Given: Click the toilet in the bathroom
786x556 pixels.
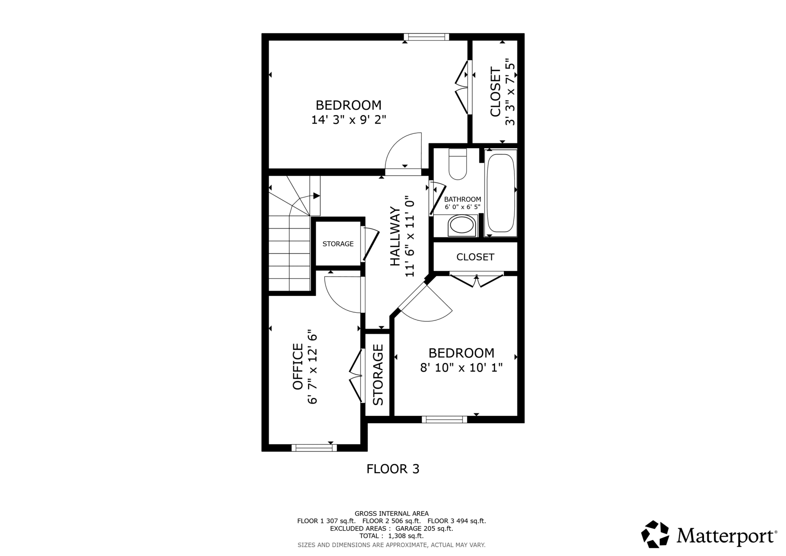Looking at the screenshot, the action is pyautogui.click(x=458, y=164).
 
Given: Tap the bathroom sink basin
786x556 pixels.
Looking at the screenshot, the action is pyautogui.click(x=463, y=226).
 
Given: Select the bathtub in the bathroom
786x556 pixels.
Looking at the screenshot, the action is pyautogui.click(x=500, y=193).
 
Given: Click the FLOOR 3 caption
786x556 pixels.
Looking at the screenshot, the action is pyautogui.click(x=393, y=469).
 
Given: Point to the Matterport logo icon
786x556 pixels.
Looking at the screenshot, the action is pyautogui.click(x=655, y=534).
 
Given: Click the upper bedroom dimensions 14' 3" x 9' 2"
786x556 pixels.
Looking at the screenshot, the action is pyautogui.click(x=349, y=120).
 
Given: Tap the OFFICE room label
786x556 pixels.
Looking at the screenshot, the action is pyautogui.click(x=298, y=366).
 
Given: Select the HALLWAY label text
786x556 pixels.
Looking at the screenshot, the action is pyautogui.click(x=395, y=236).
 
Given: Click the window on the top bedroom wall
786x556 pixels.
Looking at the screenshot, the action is pyautogui.click(x=427, y=37).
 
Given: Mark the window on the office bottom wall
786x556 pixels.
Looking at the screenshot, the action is pyautogui.click(x=314, y=448).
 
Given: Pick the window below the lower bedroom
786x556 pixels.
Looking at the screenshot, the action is pyautogui.click(x=444, y=419).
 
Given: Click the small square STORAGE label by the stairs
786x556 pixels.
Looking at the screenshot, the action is pyautogui.click(x=338, y=244).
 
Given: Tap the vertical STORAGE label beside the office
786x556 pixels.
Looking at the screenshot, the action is pyautogui.click(x=378, y=375).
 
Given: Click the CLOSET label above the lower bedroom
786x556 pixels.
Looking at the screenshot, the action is pyautogui.click(x=475, y=257).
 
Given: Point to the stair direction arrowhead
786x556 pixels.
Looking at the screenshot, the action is pyautogui.click(x=316, y=196).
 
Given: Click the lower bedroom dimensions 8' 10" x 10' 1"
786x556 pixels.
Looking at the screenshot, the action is pyautogui.click(x=461, y=368).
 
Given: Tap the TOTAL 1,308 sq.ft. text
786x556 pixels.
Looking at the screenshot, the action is pyautogui.click(x=391, y=536).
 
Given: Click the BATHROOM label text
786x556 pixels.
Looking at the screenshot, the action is pyautogui.click(x=463, y=199).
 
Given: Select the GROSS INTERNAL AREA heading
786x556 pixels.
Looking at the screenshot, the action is pyautogui.click(x=391, y=513).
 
